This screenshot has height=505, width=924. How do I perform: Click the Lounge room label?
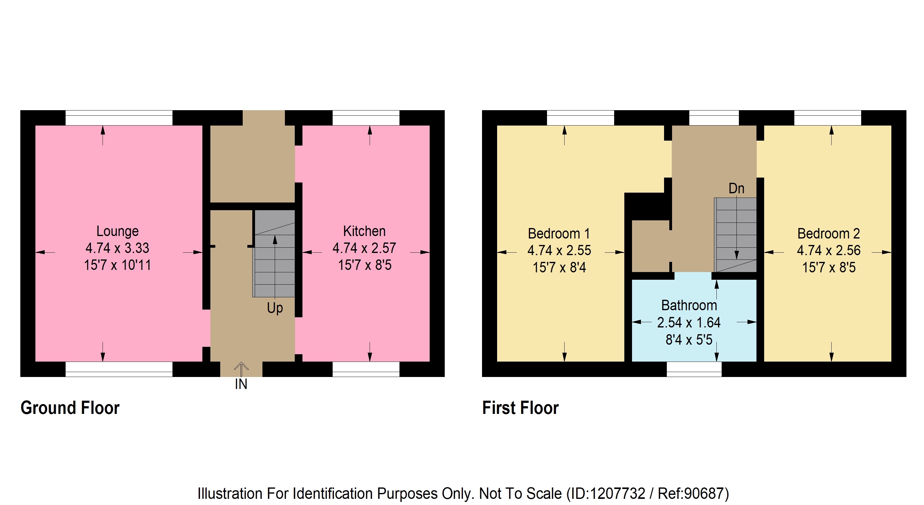pyautogui.click(x=117, y=231)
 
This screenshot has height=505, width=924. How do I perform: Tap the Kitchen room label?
pyautogui.click(x=364, y=231)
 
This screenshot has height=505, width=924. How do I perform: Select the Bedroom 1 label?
pyautogui.click(x=559, y=234)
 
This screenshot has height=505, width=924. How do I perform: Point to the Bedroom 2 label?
pyautogui.click(x=829, y=234)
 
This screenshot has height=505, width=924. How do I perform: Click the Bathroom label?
pyautogui.click(x=689, y=305)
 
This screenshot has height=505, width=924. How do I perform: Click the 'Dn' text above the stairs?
pyautogui.click(x=736, y=189)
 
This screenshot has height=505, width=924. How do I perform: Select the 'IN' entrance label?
pyautogui.click(x=241, y=384)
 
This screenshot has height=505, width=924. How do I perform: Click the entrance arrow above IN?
pyautogui.click(x=241, y=369)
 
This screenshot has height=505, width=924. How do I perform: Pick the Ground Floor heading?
pyautogui.click(x=70, y=408)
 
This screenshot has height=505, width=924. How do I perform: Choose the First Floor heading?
pyautogui.click(x=520, y=408)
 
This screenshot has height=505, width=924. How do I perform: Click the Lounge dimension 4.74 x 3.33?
pyautogui.click(x=117, y=248)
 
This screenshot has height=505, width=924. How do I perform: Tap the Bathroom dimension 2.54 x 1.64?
pyautogui.click(x=689, y=323)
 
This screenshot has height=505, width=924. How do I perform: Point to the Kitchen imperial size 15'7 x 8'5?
pyautogui.click(x=364, y=265)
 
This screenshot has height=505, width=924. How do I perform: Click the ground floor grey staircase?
pyautogui.click(x=274, y=253)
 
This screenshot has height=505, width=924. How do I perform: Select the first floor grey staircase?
pyautogui.click(x=735, y=235)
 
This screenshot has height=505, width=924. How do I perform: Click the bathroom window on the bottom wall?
pyautogui.click(x=694, y=369)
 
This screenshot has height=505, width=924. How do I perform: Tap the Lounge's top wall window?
pyautogui.click(x=119, y=118)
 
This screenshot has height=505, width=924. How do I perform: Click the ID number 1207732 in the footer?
pyautogui.click(x=617, y=494)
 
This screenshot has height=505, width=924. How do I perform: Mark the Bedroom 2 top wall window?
pyautogui.click(x=828, y=118)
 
